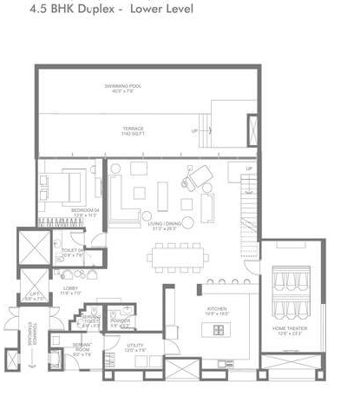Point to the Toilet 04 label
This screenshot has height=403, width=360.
pos(72,253)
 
